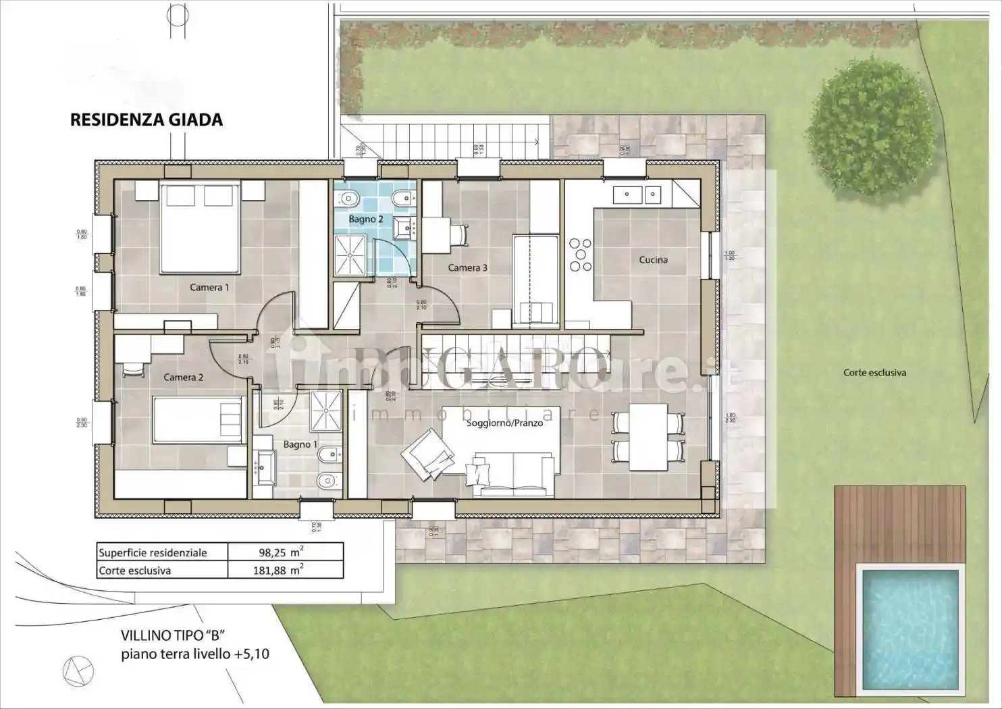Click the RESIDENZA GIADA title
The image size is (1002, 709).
147,120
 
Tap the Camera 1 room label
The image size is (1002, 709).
209,287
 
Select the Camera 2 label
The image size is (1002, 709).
183,377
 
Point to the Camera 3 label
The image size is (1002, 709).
468,268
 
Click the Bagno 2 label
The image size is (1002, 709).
366,219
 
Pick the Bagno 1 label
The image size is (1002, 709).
300,444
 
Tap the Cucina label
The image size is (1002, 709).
653,260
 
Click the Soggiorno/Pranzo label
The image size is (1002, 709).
504,423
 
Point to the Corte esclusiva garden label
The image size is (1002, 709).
874,373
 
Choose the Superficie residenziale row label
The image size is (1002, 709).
153,552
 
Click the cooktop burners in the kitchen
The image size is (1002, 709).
580,255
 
